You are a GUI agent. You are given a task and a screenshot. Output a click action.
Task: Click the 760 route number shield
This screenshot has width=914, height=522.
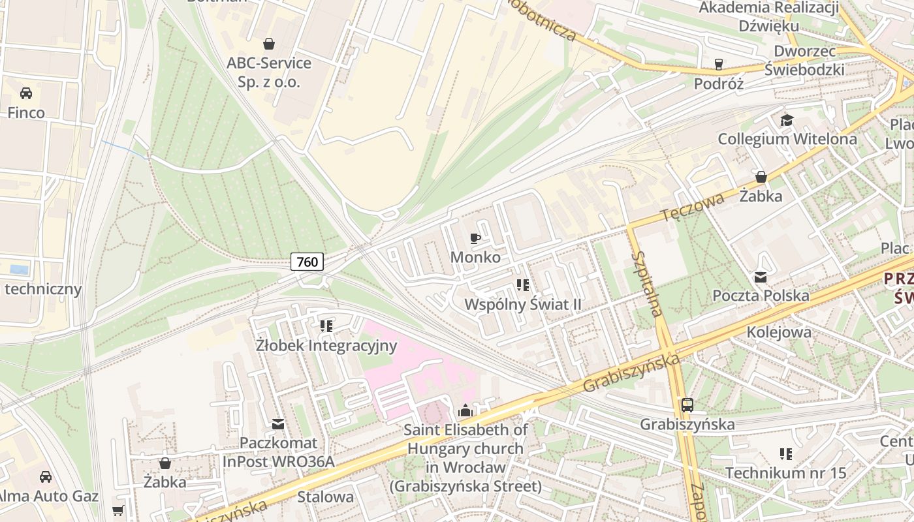307,262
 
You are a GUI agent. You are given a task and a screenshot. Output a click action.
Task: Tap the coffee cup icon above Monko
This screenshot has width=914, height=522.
475,238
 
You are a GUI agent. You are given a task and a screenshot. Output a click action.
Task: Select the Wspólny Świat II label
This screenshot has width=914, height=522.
522,305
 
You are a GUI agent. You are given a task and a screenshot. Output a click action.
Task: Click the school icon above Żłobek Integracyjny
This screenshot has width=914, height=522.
326,326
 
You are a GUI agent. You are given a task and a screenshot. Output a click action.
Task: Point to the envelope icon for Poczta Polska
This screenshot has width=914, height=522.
761,277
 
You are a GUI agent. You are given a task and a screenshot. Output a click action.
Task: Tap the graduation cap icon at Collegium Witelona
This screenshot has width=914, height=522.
787,121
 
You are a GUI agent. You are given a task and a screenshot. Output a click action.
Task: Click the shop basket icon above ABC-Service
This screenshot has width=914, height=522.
268,44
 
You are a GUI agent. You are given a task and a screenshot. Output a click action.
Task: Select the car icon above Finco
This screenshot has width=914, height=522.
26,93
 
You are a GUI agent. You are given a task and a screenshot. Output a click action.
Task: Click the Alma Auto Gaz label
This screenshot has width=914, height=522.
49,496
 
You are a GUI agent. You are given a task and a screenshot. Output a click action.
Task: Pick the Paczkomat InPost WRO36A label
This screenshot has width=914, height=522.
279,453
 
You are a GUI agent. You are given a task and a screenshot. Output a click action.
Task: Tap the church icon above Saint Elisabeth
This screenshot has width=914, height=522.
465,410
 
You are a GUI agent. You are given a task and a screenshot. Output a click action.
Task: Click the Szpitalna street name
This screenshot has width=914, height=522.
648,284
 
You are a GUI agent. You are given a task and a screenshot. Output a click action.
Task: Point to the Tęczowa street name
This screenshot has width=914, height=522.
692,206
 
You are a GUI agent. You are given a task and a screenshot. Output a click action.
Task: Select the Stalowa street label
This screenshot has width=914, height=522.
325,497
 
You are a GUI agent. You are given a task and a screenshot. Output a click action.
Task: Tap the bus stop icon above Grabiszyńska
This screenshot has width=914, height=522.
687,405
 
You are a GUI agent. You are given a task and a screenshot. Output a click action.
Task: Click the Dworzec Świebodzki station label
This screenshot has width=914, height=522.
804,60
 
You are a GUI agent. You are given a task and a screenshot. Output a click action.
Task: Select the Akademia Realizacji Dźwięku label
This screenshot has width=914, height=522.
768,16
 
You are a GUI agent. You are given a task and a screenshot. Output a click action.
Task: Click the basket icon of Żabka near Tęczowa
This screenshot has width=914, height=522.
761,177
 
